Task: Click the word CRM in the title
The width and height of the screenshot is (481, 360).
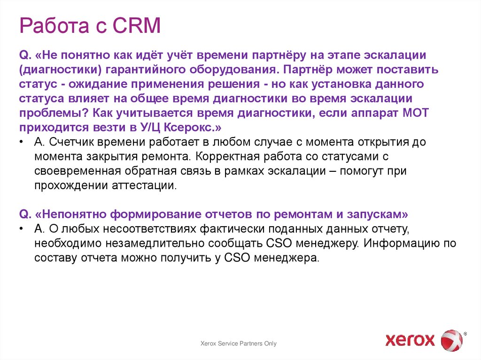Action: [x=136, y=26]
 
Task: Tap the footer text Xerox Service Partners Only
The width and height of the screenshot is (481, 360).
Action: [x=239, y=344]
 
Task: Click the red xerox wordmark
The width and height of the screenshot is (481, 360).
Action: [x=410, y=339]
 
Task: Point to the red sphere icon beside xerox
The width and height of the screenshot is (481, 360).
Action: [x=451, y=339]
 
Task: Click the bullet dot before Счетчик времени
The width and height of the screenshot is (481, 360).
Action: [x=22, y=142]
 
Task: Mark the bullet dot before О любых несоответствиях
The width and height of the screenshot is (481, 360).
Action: [x=22, y=229]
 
